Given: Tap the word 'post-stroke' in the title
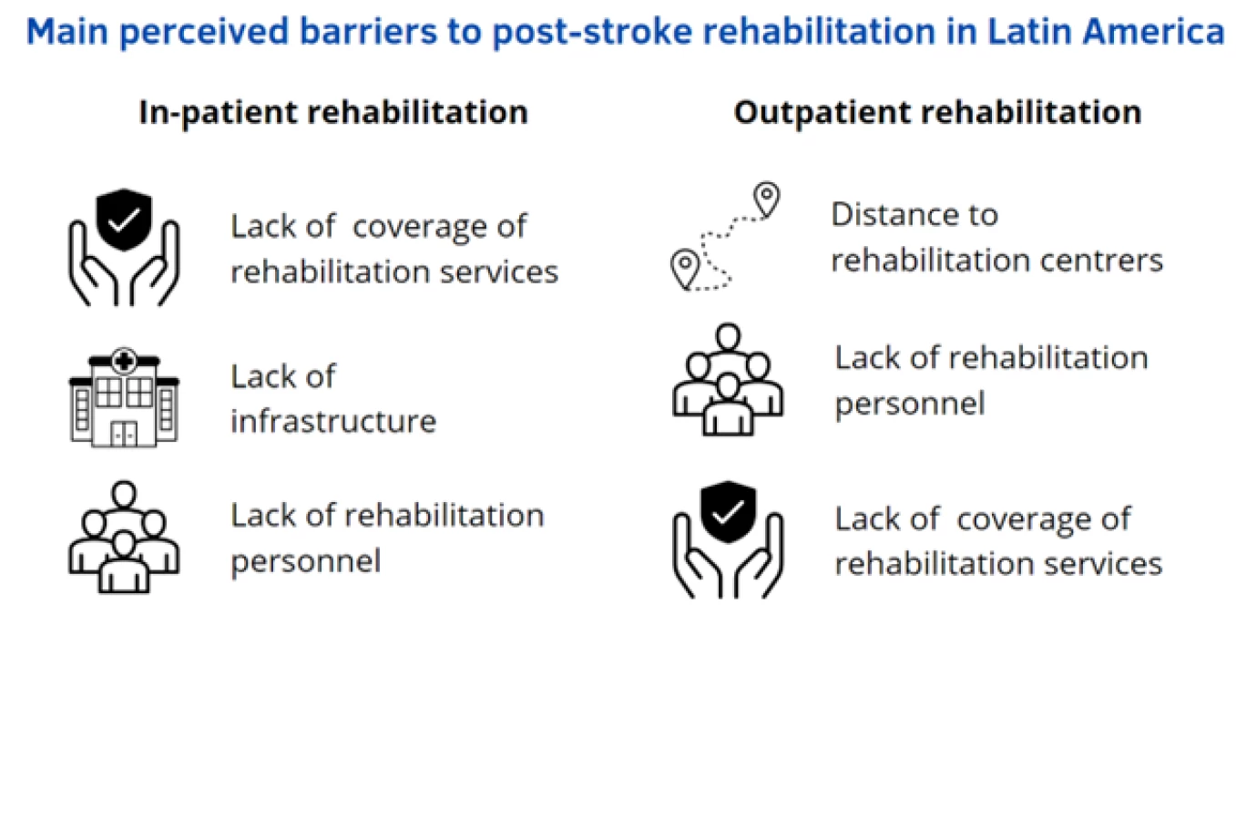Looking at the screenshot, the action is [592, 33].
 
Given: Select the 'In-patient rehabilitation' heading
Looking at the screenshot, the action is [334, 113].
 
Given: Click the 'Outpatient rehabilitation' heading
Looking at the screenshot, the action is [937, 113].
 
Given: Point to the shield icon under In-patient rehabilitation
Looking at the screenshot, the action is [124, 220].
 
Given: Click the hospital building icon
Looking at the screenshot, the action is [124, 397].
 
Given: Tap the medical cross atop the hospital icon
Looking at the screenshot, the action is [124, 362].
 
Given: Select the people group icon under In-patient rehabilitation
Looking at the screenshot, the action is [124, 537].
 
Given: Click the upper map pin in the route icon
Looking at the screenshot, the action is [767, 199].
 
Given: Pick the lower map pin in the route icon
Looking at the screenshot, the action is [685, 268].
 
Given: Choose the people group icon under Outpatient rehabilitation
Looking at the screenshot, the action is [729, 380].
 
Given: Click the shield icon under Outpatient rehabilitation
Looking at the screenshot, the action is [729, 511].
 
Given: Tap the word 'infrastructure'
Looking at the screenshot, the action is [333, 422].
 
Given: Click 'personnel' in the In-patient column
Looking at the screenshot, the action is [306, 562].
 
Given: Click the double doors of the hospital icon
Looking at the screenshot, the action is [124, 434].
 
